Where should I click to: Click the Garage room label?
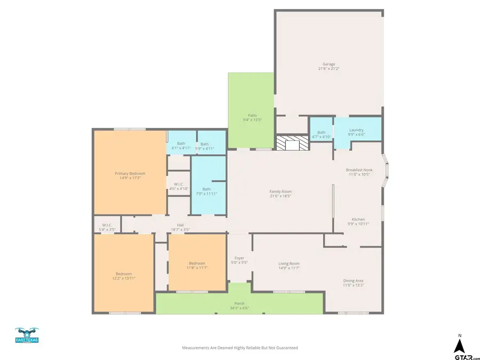[x=329, y=64]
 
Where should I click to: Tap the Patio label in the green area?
[x=252, y=115]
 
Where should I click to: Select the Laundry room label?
[x=356, y=130]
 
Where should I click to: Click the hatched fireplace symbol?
[x=292, y=143]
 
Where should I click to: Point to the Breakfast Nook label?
[x=361, y=170]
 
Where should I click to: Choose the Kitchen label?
[x=357, y=219]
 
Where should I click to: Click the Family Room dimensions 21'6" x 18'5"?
[x=281, y=196]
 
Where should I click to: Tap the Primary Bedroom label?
[x=130, y=173]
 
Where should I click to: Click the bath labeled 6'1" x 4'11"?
[x=181, y=146]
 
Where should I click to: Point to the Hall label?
[x=180, y=225]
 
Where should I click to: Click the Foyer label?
[x=239, y=258]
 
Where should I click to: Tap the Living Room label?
[x=289, y=263]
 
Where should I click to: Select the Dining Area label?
[x=353, y=281]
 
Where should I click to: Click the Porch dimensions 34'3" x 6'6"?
[x=239, y=308]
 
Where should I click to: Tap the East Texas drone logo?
[x=27, y=335]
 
